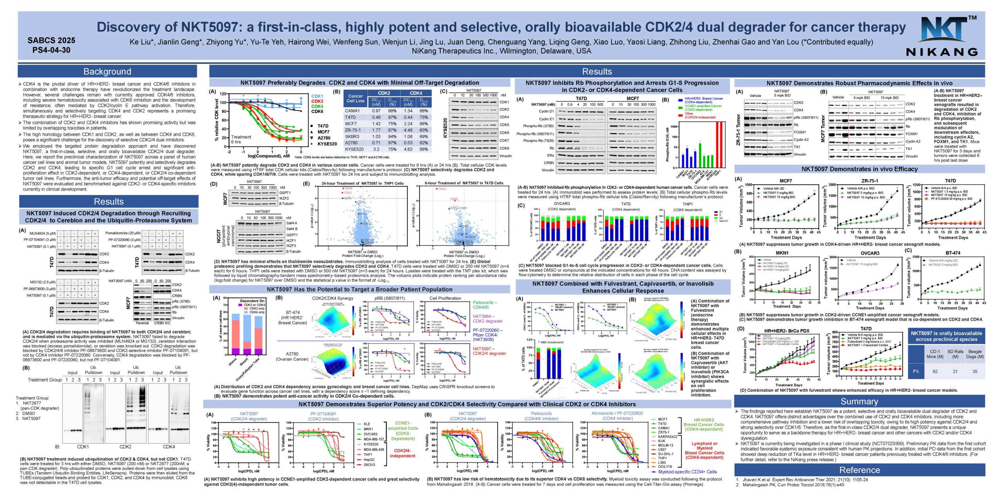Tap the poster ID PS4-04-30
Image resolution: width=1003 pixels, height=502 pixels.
51,50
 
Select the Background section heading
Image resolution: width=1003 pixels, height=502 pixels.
107,71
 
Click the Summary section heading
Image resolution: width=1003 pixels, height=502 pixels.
859,401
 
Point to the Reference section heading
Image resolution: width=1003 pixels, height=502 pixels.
859,470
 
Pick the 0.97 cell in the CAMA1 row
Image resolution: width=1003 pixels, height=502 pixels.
376,111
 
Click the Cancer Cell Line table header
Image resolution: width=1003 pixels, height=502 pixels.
355,98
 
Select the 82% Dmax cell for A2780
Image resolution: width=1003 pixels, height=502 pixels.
424,143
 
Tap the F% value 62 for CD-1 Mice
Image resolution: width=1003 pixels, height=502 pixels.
935,371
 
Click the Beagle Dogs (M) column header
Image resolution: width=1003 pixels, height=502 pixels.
975,354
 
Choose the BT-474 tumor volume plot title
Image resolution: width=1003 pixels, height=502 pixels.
952,253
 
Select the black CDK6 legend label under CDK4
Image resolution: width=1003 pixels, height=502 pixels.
317,111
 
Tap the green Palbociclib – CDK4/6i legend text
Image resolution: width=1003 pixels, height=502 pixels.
485,305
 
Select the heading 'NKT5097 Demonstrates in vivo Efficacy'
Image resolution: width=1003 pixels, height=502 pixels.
859,169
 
